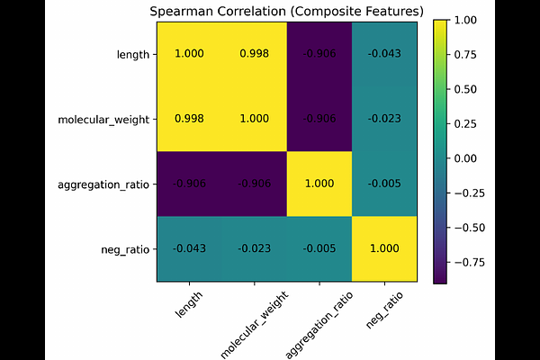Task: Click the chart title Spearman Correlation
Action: pos(287,11)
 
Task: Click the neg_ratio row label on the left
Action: pos(124,248)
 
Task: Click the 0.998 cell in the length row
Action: pos(254,54)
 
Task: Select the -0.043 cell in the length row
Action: pos(383,54)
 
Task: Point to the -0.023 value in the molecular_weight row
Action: pos(383,119)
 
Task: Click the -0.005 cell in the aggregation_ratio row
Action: pos(383,184)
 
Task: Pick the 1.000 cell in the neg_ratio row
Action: pos(383,248)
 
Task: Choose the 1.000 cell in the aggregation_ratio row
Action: pos(319,184)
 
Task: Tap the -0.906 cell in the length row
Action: pos(319,54)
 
